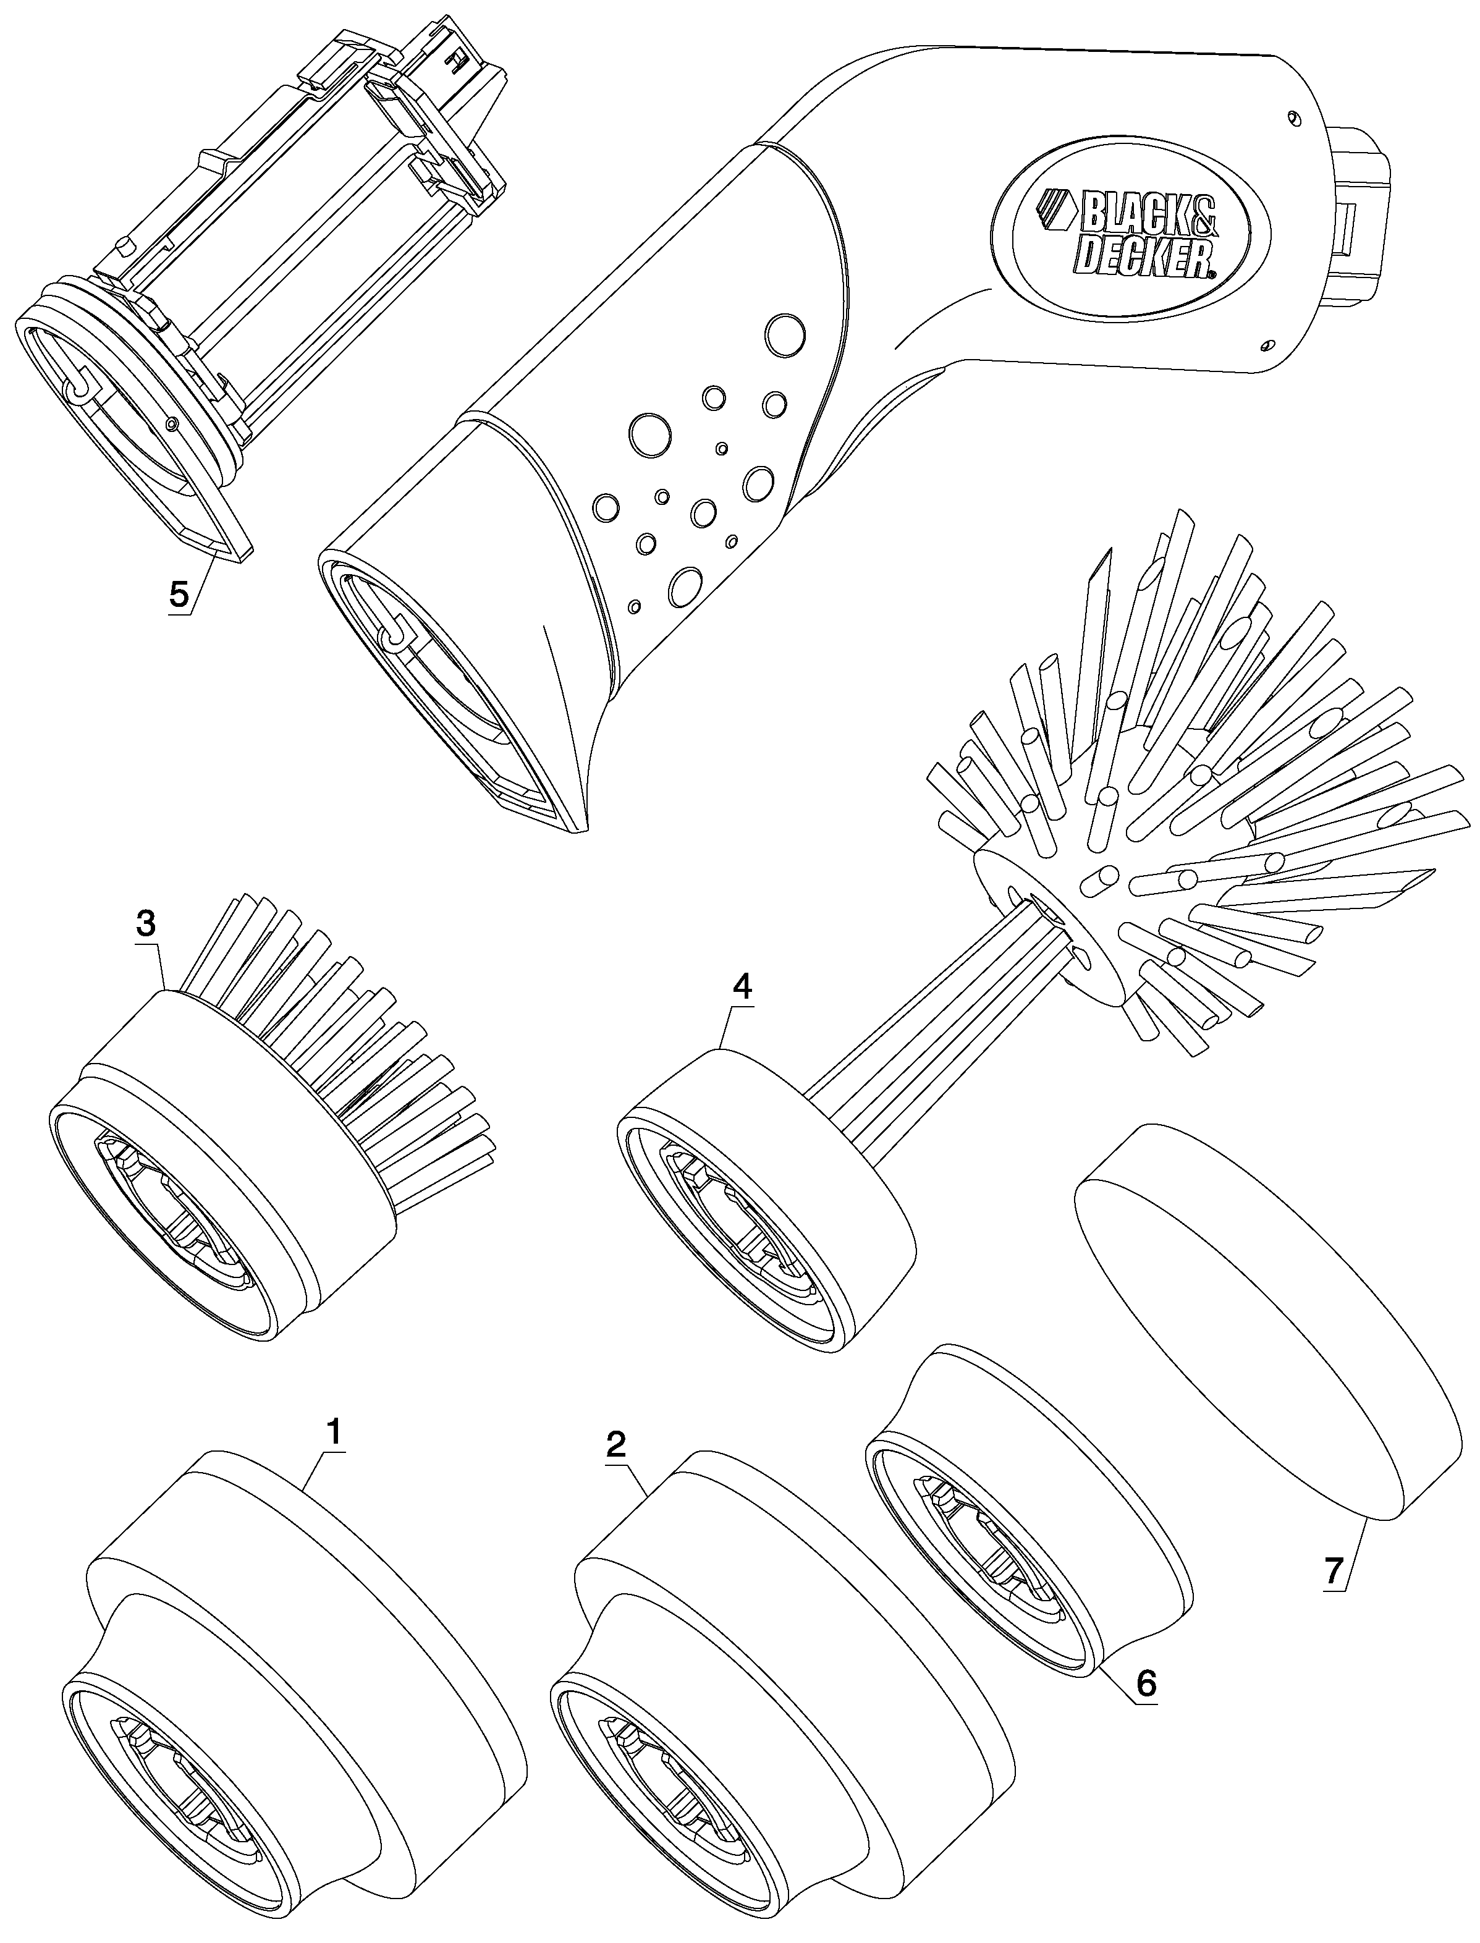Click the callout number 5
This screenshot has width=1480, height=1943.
[179, 595]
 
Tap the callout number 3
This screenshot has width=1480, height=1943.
[146, 924]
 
